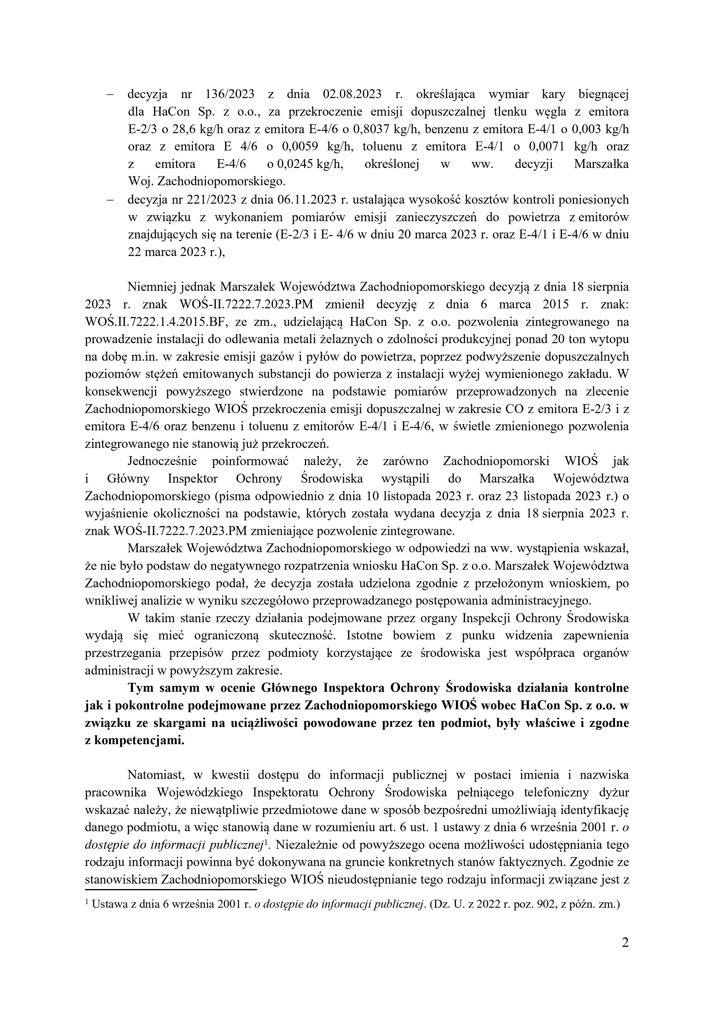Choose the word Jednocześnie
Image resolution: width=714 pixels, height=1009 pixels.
pos(162,461)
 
